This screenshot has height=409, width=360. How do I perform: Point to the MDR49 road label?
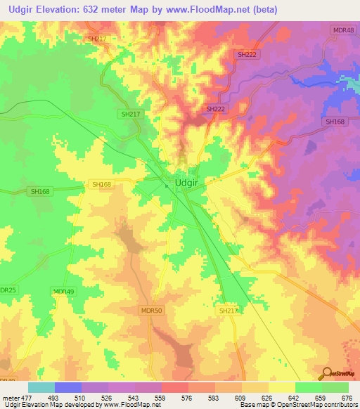63,292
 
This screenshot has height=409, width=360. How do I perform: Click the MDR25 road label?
7,290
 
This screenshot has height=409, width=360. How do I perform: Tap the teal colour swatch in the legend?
41,387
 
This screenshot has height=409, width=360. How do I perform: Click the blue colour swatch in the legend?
68,387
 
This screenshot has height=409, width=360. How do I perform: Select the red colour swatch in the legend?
175,387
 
